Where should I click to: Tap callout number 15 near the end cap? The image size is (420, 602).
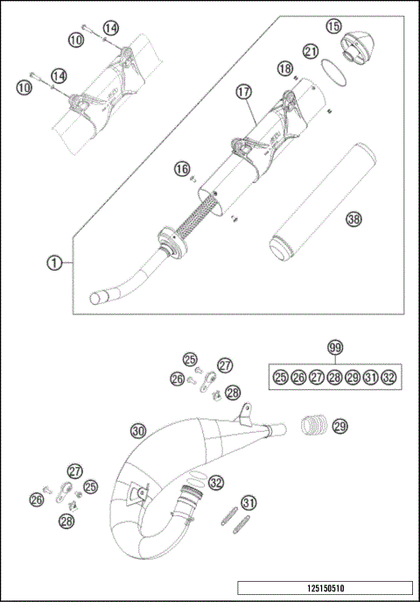click(333, 27)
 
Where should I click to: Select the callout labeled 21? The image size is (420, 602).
click(310, 52)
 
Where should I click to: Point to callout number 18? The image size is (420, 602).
click(284, 68)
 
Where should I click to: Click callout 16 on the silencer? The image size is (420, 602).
click(181, 168)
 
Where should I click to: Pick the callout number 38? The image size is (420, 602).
click(328, 219)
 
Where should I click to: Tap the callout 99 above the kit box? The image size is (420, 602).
click(333, 348)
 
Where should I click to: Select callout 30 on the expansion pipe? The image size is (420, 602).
click(137, 430)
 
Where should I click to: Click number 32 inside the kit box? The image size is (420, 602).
click(388, 377)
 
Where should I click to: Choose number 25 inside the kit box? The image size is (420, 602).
click(280, 377)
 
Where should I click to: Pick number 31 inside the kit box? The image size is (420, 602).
click(370, 377)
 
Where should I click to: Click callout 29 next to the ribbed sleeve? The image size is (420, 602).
click(339, 426)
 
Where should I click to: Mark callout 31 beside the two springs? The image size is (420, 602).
click(250, 502)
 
